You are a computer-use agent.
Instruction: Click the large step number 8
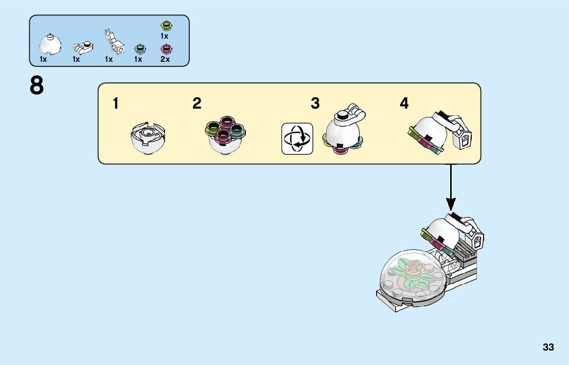(x=37, y=86)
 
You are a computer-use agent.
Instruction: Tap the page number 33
(x=548, y=347)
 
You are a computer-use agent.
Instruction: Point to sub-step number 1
(x=116, y=103)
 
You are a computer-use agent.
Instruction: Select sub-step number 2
(x=197, y=103)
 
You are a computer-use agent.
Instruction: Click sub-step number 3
(x=315, y=103)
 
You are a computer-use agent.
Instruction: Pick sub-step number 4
(x=404, y=103)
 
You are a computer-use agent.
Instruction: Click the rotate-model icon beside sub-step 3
(x=297, y=138)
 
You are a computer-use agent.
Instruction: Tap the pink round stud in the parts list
(x=166, y=49)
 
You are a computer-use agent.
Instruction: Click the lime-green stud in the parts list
(x=166, y=25)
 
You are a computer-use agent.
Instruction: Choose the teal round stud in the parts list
(x=139, y=49)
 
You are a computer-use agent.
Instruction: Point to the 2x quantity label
(x=165, y=59)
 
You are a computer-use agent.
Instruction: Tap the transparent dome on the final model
(x=406, y=278)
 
